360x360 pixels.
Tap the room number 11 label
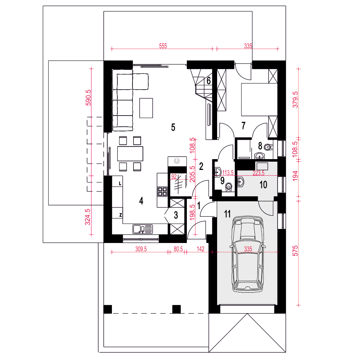click(227, 214)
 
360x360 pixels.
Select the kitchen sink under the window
click(143, 229)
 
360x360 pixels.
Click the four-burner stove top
click(162, 192)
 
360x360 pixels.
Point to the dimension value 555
click(163, 46)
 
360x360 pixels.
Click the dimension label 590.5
click(88, 98)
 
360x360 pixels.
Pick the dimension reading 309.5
click(141, 249)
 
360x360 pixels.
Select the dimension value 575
click(295, 251)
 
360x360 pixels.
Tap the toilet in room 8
click(268, 147)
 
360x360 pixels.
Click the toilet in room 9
click(229, 187)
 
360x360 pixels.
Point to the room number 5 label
click(173, 127)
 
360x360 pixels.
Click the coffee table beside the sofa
click(146, 108)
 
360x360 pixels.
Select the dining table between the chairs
click(130, 154)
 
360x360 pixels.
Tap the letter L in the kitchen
click(120, 184)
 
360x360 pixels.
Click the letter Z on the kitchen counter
click(121, 215)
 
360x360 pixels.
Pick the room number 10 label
click(264, 185)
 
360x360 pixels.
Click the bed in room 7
click(259, 99)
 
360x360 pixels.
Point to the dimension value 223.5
click(258, 173)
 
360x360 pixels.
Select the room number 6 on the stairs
click(208, 81)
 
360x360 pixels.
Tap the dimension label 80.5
click(178, 249)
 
